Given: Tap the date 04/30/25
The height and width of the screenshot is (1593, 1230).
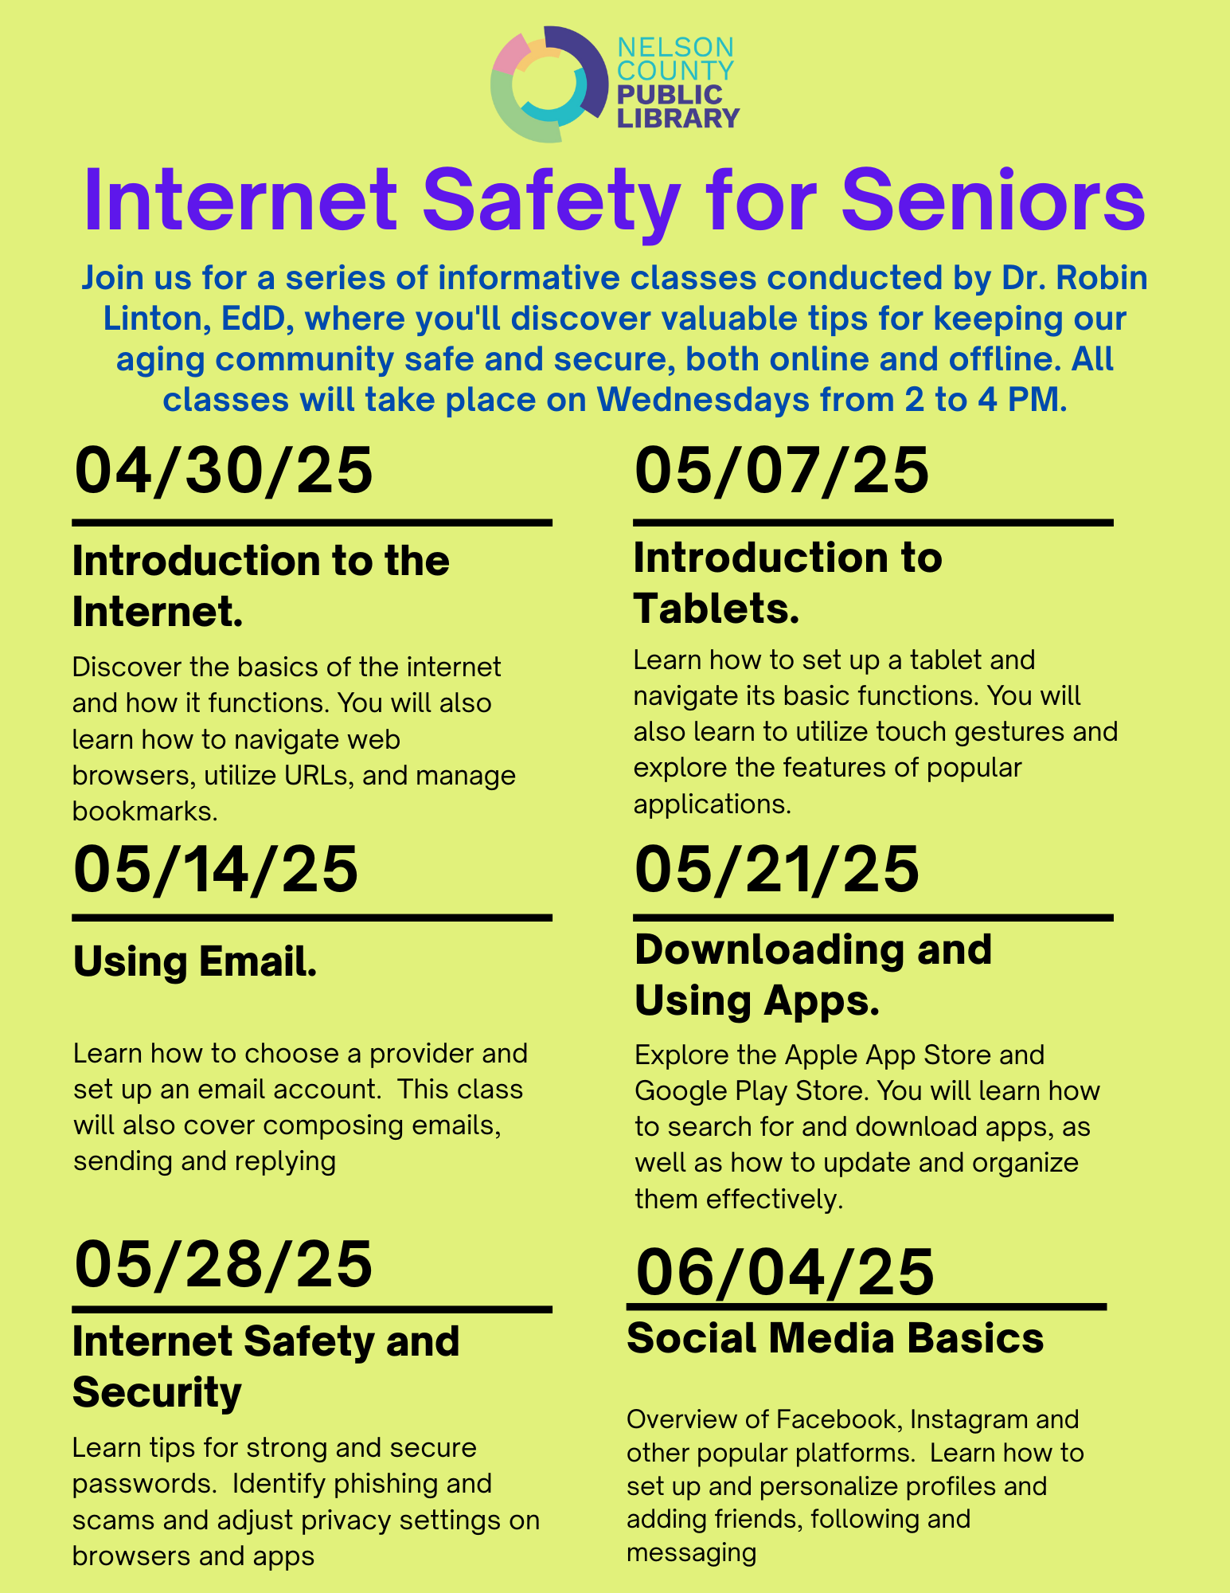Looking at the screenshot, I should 224,471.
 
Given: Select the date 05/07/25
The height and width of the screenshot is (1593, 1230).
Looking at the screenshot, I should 782,471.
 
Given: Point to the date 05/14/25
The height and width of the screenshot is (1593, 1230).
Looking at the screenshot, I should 216,869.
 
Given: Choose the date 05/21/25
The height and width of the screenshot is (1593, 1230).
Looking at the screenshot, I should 777,869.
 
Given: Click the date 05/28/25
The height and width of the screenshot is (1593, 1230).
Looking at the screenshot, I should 224,1264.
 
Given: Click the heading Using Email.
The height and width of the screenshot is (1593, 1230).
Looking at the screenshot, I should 195,961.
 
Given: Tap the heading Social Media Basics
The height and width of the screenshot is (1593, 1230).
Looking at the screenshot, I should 835,1338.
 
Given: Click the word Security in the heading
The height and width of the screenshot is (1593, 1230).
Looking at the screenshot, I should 157,1392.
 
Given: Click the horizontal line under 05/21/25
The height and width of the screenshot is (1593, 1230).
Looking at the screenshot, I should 873,918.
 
